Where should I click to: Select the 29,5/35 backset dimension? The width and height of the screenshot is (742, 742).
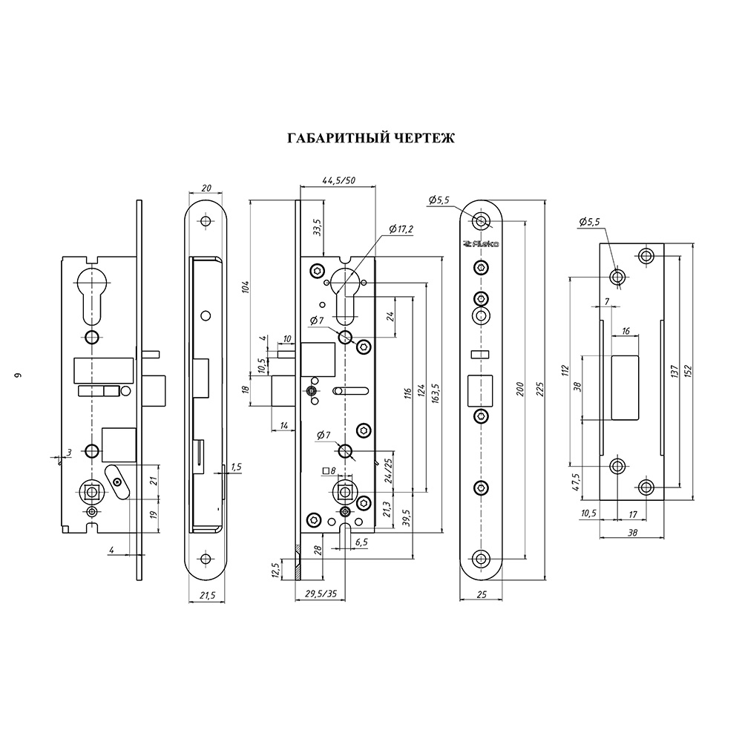[x=321, y=594]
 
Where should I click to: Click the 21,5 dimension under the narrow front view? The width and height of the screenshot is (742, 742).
[x=207, y=595]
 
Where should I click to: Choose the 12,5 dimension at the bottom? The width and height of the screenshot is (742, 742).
[x=276, y=570]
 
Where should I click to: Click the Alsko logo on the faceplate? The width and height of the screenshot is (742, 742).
[x=482, y=243]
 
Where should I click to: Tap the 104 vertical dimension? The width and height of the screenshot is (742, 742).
[x=246, y=286]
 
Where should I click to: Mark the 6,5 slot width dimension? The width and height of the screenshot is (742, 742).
[x=361, y=542]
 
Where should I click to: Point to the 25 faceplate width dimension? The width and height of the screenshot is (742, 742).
[x=483, y=595]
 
